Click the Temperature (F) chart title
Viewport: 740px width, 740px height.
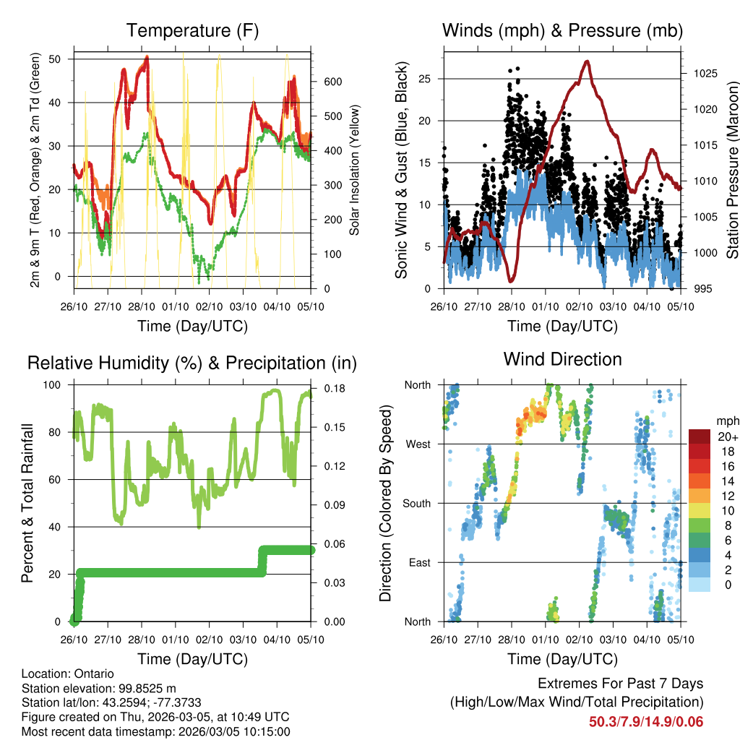(x=192, y=30)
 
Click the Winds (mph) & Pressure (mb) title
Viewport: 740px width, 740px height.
(x=562, y=30)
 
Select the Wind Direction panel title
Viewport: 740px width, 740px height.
(x=562, y=359)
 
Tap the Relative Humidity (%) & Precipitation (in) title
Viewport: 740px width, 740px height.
(x=192, y=363)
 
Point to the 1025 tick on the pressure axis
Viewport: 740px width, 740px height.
(x=699, y=74)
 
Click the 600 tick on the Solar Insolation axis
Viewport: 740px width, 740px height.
(x=332, y=82)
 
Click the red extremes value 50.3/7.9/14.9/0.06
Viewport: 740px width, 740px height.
(x=646, y=722)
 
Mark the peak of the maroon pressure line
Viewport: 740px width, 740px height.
(x=587, y=61)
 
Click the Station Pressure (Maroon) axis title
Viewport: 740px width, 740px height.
(x=732, y=168)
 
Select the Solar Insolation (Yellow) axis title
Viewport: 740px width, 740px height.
(x=354, y=170)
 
